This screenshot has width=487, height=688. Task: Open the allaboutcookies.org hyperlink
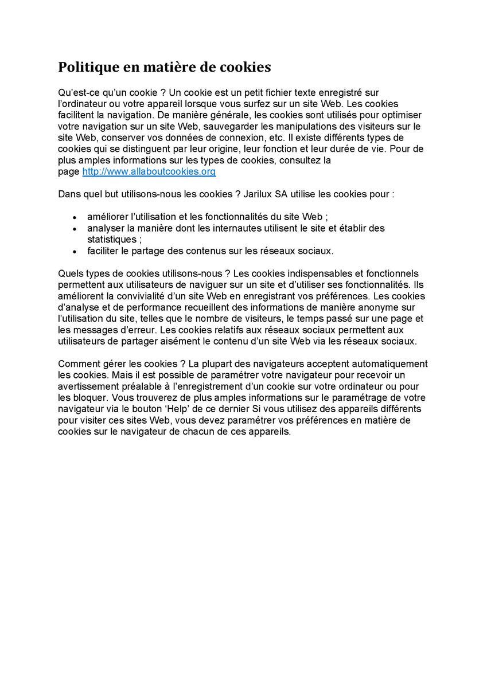(149, 171)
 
